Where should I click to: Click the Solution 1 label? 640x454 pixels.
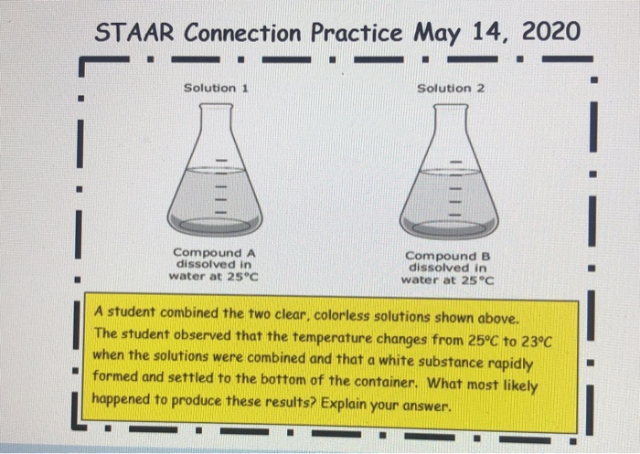tap(218, 88)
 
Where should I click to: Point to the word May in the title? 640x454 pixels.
tap(443, 33)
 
